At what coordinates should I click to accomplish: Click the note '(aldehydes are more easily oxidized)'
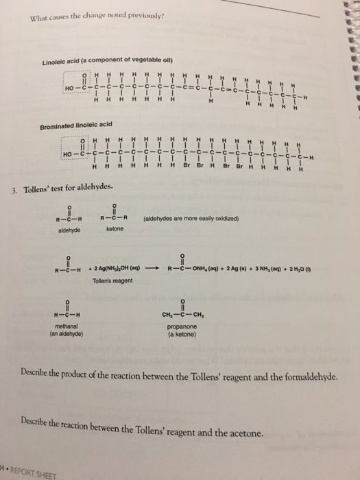click(x=191, y=219)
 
